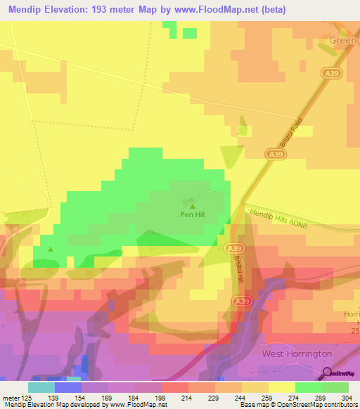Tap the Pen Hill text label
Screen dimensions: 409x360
pos(192,215)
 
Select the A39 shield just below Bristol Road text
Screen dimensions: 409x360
pos(276,154)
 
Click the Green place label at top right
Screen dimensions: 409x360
pos(344,41)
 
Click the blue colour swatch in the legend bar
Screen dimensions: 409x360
pos(67,387)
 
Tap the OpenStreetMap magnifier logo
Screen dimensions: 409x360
pos(327,373)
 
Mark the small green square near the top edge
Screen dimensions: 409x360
pos(190,33)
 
